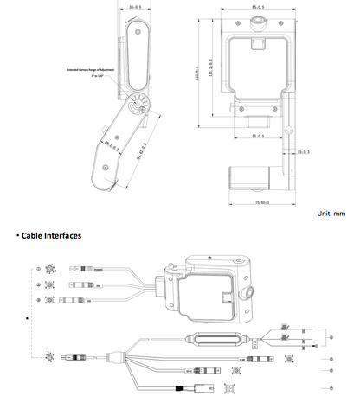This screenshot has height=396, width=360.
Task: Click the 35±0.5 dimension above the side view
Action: click(x=135, y=6)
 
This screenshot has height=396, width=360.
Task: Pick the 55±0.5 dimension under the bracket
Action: click(x=253, y=137)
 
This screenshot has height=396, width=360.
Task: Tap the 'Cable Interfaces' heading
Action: click(x=49, y=235)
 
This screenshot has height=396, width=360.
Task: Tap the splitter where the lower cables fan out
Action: click(x=112, y=356)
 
